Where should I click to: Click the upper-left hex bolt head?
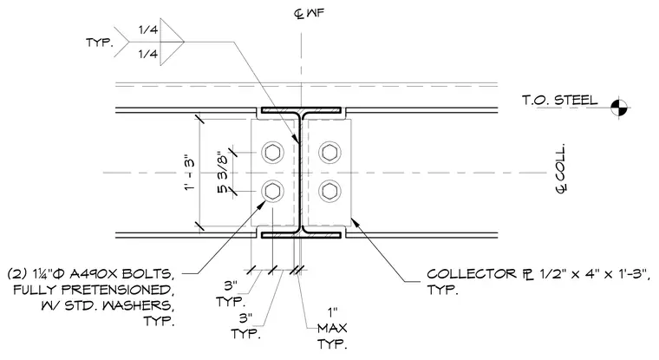tap(272, 152)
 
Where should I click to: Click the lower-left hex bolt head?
tap(272, 192)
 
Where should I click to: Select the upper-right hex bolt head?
tap(329, 152)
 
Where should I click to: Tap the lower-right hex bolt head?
tap(329, 192)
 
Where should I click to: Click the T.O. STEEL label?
tap(560, 100)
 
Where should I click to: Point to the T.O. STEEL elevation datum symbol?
tap(618, 108)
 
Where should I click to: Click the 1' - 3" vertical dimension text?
tap(190, 173)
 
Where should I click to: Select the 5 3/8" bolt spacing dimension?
tap(222, 173)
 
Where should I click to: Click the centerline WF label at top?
tap(309, 14)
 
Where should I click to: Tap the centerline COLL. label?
tap(562, 168)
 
